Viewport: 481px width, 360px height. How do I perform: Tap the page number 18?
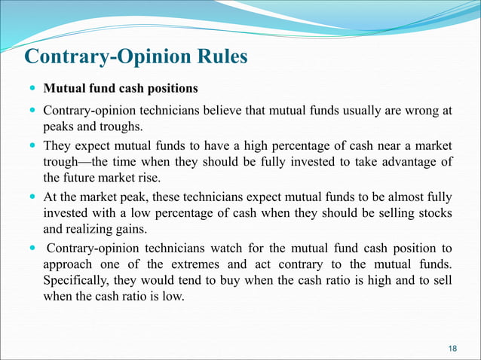tap(452, 346)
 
